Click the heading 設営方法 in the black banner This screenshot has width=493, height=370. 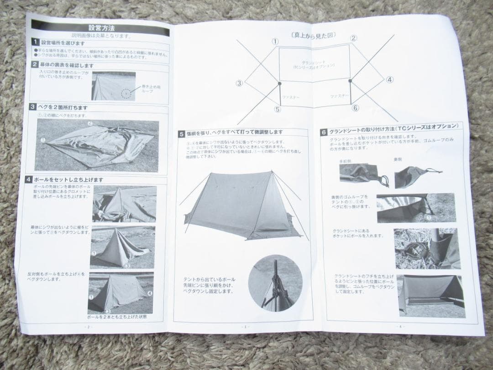(101, 28)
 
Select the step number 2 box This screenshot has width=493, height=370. (35, 65)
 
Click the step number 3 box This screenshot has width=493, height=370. (33, 107)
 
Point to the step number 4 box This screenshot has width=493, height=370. (29, 180)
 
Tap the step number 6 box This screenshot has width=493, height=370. (324, 132)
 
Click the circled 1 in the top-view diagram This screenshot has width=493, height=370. (275, 41)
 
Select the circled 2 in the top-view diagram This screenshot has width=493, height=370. (353, 38)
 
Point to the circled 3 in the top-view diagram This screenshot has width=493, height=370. (239, 83)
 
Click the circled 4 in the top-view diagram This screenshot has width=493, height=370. (389, 79)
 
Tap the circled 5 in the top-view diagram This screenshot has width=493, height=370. (278, 110)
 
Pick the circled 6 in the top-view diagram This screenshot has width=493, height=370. (355, 108)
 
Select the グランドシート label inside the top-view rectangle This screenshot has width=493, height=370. (315, 63)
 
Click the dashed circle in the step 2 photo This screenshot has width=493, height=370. (126, 94)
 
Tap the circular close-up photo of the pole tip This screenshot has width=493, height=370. (275, 283)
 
